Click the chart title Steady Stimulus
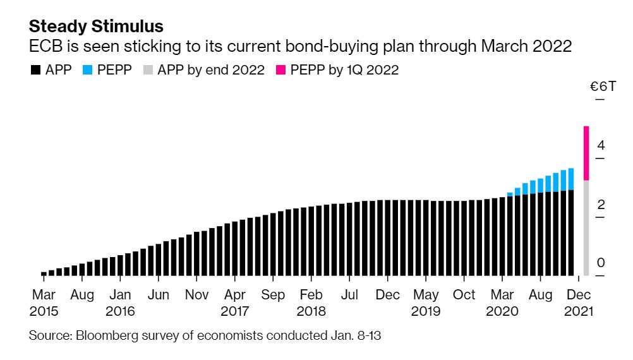click(x=96, y=27)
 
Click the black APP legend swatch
click(x=35, y=70)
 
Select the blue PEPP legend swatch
click(x=87, y=70)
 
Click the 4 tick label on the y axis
click(x=600, y=145)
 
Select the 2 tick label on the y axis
click(x=600, y=205)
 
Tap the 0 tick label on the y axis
click(x=600, y=263)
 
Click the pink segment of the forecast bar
click(x=586, y=153)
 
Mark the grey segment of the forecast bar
click(x=586, y=227)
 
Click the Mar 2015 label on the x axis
click(x=44, y=303)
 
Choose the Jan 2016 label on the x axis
click(x=120, y=303)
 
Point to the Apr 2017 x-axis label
click(x=234, y=303)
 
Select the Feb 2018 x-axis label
click(x=311, y=303)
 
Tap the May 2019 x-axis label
click(x=426, y=303)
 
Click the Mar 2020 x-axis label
click(x=502, y=303)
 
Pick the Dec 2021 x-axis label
click(x=579, y=303)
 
